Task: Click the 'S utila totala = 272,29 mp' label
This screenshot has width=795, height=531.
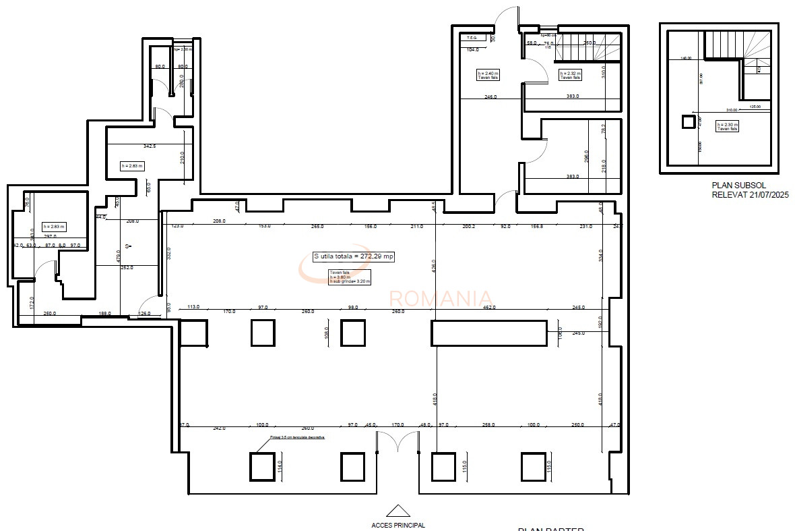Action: (x=354, y=256)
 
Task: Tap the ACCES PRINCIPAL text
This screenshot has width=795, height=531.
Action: (x=398, y=525)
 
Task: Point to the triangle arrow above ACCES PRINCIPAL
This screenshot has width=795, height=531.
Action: (x=398, y=510)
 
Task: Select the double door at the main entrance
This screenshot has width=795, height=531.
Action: (x=397, y=443)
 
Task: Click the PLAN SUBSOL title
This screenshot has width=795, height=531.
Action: (x=739, y=185)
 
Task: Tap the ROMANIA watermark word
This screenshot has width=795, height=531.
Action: (x=441, y=298)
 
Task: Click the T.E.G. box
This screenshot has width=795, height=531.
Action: (x=472, y=38)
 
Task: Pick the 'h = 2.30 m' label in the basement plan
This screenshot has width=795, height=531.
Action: (x=728, y=126)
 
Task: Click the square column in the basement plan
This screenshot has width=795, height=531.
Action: (x=688, y=121)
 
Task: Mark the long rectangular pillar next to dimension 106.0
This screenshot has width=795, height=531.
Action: (x=488, y=333)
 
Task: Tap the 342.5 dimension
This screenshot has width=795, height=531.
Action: (x=150, y=146)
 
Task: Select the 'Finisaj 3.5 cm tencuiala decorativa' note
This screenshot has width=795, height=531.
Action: (x=297, y=437)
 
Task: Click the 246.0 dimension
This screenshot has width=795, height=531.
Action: (x=490, y=97)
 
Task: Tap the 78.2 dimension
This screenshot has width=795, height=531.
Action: (x=603, y=127)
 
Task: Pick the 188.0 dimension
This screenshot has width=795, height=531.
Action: (x=104, y=313)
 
